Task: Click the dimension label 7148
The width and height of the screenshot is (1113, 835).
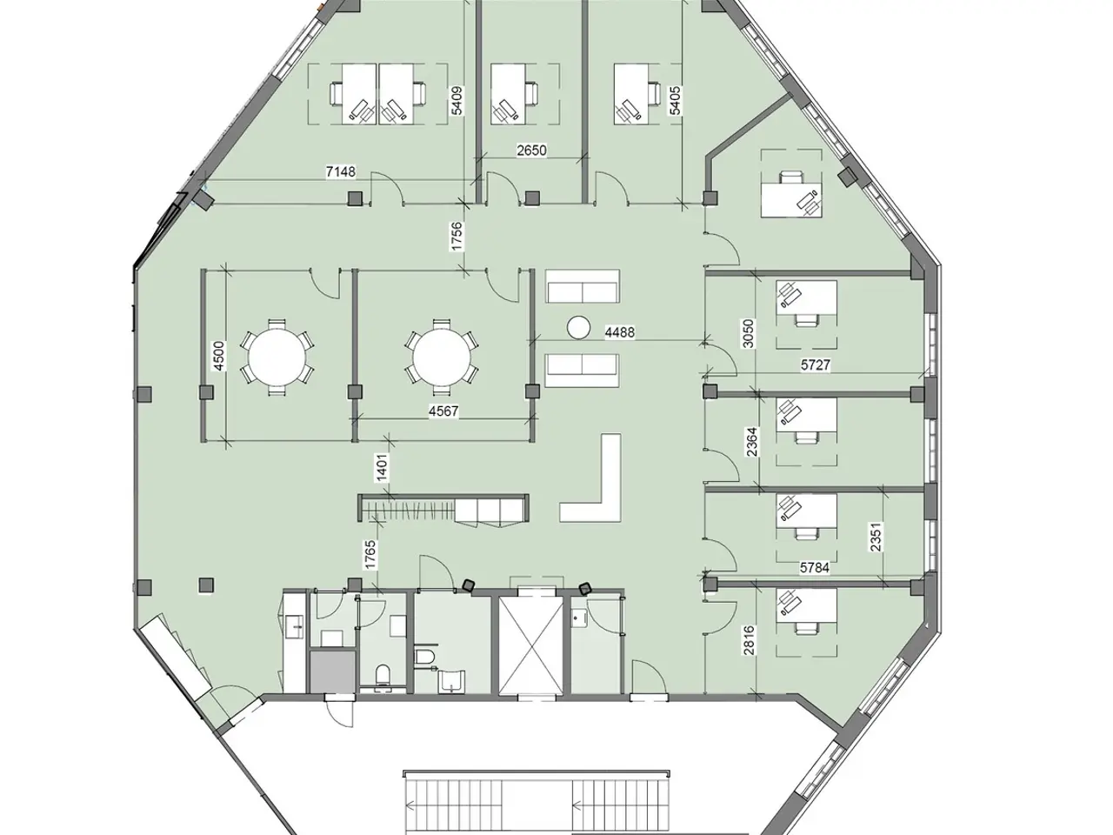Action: click(341, 172)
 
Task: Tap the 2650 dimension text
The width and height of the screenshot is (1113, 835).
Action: click(531, 150)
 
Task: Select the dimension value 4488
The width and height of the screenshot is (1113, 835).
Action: click(620, 332)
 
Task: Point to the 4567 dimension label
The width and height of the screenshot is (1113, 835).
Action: click(443, 411)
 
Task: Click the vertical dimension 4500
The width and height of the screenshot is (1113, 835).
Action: click(217, 356)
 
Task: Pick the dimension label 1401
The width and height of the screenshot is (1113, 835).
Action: click(383, 467)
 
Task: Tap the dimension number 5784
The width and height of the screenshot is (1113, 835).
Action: click(815, 568)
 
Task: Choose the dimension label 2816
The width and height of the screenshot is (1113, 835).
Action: click(750, 641)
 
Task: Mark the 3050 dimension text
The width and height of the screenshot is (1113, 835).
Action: click(749, 334)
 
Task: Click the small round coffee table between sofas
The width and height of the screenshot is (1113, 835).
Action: click(578, 327)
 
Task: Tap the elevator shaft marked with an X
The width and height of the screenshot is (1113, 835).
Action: click(531, 645)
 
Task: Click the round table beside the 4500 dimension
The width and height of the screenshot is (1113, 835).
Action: click(277, 357)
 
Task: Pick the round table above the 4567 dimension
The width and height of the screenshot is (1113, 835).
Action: click(442, 357)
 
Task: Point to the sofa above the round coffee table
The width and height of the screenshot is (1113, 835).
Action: click(583, 286)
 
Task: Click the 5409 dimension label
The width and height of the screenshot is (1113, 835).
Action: click(457, 101)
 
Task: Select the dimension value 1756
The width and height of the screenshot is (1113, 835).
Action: click(457, 237)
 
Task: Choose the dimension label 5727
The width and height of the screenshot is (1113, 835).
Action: click(816, 365)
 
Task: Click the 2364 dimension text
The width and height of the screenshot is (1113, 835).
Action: click(752, 442)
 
